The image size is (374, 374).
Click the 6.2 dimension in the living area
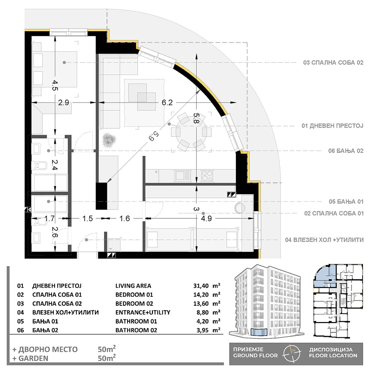(x=167, y=102)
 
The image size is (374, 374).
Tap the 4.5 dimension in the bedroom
(x=55, y=85)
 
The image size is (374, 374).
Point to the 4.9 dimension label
(x=206, y=218)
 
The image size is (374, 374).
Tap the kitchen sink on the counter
(x=183, y=176)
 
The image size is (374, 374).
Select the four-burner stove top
(x=207, y=176)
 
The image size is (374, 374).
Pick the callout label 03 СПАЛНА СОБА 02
(x=333, y=63)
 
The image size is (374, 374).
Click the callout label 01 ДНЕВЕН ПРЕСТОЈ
(x=332, y=126)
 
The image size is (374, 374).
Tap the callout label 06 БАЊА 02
(x=346, y=151)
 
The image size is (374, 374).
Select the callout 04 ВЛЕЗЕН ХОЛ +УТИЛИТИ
(x=324, y=240)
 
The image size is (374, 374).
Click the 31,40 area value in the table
(x=201, y=286)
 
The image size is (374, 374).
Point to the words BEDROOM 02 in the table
(x=134, y=304)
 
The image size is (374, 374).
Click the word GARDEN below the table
(x=33, y=358)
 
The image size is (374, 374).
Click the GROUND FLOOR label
(x=255, y=356)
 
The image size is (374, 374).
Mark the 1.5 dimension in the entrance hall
(x=87, y=218)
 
